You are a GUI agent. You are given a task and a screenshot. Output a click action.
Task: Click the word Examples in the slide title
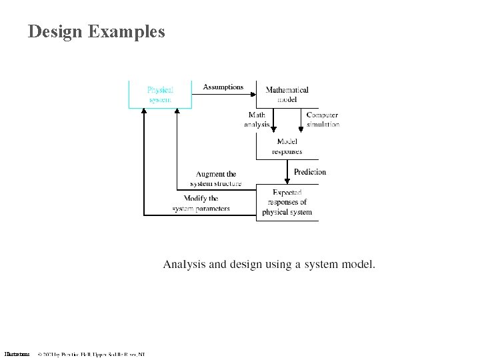[x=126, y=31]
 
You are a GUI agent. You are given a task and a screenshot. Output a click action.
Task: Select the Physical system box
[x=160, y=94]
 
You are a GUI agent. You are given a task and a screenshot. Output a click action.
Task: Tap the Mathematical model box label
[x=287, y=94]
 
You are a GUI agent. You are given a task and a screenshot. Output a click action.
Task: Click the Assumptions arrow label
[x=223, y=87]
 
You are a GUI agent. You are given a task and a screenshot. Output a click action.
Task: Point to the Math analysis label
[x=257, y=120]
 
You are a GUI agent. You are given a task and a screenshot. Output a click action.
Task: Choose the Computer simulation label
[x=323, y=120]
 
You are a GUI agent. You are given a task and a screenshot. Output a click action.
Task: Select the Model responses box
[x=287, y=146]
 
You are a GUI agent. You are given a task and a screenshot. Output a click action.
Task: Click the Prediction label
[x=310, y=172]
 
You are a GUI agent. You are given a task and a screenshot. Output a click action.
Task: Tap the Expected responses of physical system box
[x=287, y=203]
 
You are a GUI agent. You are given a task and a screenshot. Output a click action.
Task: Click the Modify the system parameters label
[x=201, y=203]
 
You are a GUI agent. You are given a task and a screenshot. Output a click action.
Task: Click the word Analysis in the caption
[x=184, y=265]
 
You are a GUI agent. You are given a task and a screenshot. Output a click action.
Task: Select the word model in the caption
[x=359, y=265]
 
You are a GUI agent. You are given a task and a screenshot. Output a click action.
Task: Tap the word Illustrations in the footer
[x=17, y=354]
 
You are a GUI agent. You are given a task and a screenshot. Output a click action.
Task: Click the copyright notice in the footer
[x=91, y=354]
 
